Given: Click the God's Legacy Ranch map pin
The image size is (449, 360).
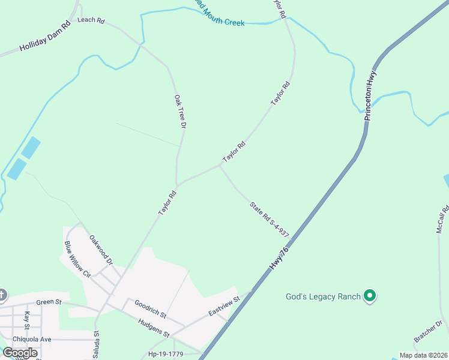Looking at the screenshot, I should (x=370, y=296).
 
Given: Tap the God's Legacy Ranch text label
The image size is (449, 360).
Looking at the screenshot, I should (x=322, y=296).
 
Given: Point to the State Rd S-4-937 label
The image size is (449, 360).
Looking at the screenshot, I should (x=270, y=219).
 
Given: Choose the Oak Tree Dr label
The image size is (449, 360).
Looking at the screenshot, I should (x=179, y=112).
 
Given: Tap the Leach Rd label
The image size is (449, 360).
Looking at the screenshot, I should (x=91, y=21).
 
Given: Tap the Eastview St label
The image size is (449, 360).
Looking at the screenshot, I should (x=224, y=305).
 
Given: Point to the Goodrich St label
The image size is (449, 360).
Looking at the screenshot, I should (x=150, y=310).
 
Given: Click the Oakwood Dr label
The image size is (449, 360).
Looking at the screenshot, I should (x=101, y=250).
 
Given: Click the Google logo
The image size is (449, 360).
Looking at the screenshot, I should (x=19, y=353).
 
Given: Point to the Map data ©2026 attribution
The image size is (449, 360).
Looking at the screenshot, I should (x=423, y=355).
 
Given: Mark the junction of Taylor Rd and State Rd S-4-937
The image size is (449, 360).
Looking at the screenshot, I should (x=220, y=167).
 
